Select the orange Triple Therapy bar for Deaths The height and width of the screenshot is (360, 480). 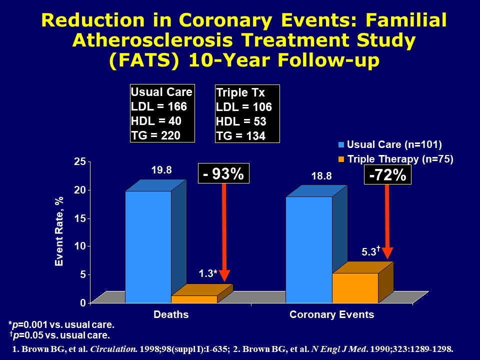click(194, 299)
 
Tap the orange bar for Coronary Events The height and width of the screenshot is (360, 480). click(355, 288)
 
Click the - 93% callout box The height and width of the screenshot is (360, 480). click(223, 174)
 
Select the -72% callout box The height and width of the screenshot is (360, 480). click(387, 175)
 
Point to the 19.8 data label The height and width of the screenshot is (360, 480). click(161, 170)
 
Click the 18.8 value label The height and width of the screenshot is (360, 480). click(320, 176)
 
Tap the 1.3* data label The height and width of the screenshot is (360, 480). click(207, 273)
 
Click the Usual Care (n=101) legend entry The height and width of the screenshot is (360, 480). click(390, 145)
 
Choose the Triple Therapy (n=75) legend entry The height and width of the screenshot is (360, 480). click(395, 159)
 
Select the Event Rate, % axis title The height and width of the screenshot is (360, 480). click(59, 231)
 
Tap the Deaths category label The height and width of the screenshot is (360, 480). click(171, 314)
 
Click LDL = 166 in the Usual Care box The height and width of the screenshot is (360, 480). click(158, 106)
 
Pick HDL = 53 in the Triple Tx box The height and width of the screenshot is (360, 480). click(241, 121)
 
